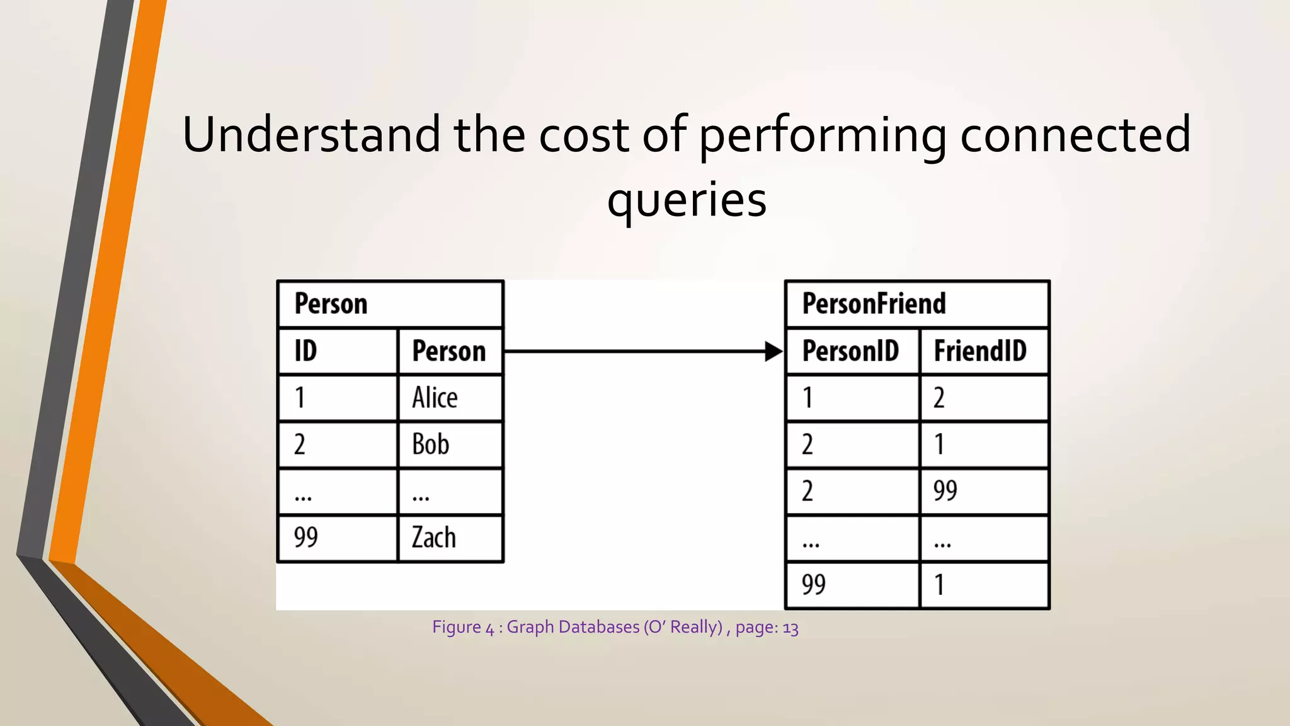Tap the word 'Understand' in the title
point(312,135)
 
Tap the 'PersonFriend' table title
point(874,304)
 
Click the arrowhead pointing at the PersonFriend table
point(773,352)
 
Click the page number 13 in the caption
point(791,628)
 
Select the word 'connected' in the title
point(1075,135)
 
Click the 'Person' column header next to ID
point(449,352)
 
